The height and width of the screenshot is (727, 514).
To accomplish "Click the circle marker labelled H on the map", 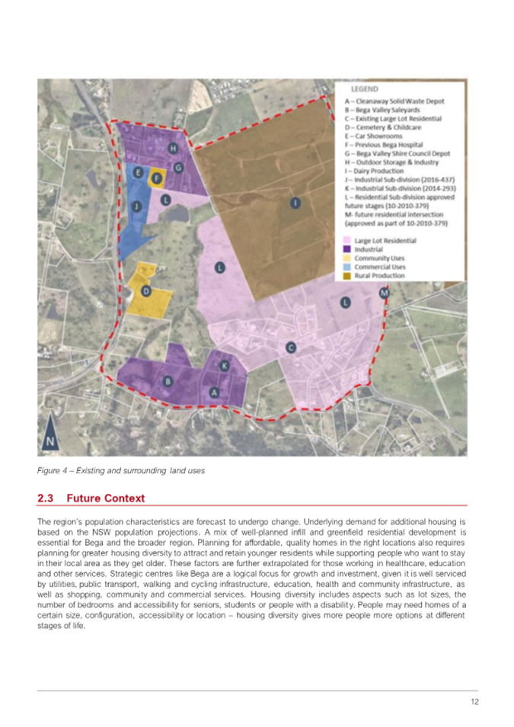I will tap(174, 148).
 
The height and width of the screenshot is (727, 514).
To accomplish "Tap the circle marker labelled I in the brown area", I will tap(295, 203).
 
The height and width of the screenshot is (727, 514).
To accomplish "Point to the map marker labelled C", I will tap(290, 347).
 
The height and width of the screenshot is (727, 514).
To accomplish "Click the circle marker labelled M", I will tap(384, 293).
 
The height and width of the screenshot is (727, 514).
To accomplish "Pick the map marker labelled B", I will tap(169, 380).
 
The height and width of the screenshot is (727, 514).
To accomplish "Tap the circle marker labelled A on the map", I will tap(214, 392).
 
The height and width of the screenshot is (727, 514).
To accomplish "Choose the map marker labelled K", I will tap(225, 367).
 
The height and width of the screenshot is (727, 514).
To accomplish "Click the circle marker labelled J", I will tap(136, 206).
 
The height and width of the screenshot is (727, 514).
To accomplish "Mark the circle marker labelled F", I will tap(157, 178).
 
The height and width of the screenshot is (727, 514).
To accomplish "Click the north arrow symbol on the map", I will tap(49, 436).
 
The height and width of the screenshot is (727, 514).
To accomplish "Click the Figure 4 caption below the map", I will tap(121, 469).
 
